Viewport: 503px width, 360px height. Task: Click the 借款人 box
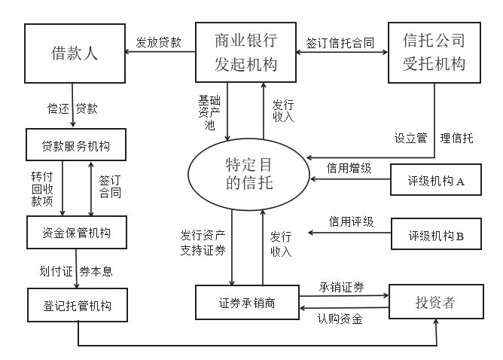[74, 53]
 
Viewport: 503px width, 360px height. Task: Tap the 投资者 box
[435, 304]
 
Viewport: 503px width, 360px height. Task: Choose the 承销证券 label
[342, 287]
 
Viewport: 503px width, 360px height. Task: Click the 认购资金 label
[340, 319]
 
